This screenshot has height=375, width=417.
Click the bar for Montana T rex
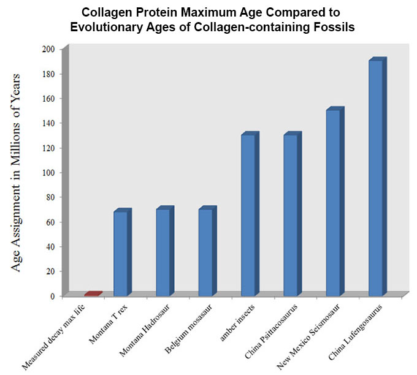(121, 252)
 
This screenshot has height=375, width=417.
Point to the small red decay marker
(93, 294)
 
